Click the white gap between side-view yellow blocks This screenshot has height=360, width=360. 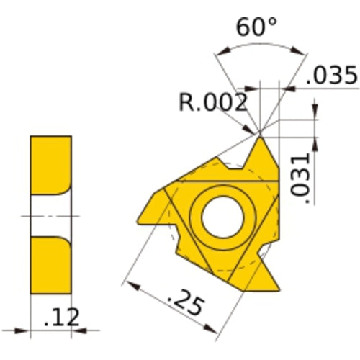point(50,215)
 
